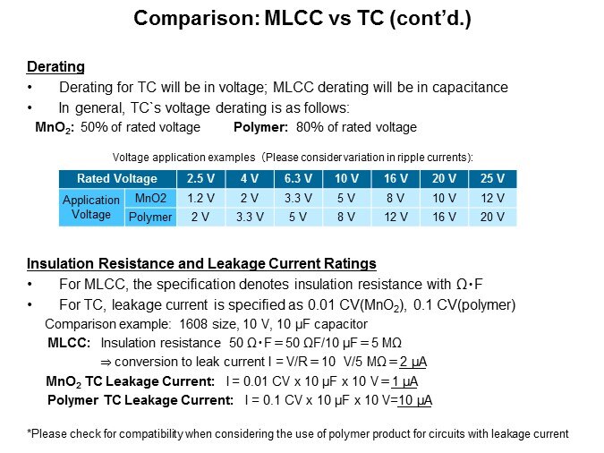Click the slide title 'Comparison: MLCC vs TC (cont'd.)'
click(302, 18)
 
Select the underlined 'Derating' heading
click(55, 67)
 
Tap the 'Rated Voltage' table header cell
click(117, 178)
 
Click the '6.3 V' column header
click(298, 178)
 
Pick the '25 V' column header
click(492, 178)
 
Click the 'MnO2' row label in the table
click(150, 198)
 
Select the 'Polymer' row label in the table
click(150, 217)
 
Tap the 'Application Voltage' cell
click(91, 208)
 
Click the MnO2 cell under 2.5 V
click(200, 198)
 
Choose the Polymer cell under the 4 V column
click(250, 217)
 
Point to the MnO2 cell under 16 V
click(396, 198)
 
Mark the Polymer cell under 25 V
click(492, 217)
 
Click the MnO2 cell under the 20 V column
click(444, 198)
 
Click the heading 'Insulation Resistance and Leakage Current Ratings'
click(201, 264)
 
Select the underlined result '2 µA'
click(413, 362)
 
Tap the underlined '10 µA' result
click(415, 400)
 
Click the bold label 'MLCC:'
click(69, 343)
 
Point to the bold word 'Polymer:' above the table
click(260, 127)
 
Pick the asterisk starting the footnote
click(29, 432)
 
